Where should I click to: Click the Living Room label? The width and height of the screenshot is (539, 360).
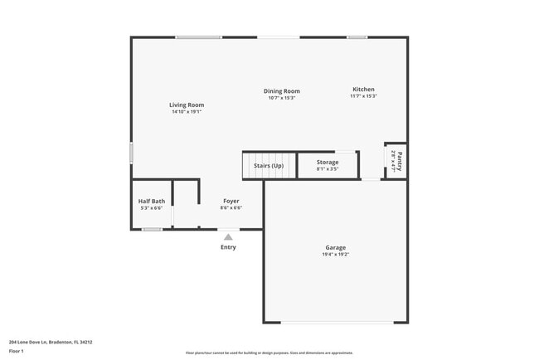[x=187, y=105]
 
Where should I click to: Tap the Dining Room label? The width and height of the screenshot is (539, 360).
[x=282, y=91]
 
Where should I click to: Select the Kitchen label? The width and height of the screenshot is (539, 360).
[x=363, y=90]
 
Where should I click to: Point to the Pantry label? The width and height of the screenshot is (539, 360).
[x=400, y=159]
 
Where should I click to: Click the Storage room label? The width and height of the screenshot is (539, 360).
[x=328, y=163]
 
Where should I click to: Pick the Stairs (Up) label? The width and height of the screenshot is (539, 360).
[x=269, y=166]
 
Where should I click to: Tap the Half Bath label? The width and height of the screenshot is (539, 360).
[x=152, y=201]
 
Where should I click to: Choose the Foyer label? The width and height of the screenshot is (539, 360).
[x=231, y=201]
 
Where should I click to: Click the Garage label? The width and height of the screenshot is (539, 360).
[x=335, y=247]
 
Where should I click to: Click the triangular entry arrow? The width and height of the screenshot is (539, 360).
[x=228, y=237]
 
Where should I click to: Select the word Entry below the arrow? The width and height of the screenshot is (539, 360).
[x=228, y=247]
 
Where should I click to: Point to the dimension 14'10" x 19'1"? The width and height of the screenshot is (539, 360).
[x=187, y=112]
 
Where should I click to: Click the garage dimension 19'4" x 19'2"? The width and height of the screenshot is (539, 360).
[x=335, y=255]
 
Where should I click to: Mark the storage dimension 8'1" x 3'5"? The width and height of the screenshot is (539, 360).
[x=328, y=169]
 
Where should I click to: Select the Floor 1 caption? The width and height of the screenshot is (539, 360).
[x=17, y=352]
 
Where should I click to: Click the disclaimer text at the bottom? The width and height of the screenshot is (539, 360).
[x=269, y=353]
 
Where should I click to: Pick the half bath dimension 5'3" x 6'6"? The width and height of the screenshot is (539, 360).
[x=152, y=208]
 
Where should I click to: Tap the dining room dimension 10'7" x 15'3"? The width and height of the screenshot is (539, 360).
[x=282, y=98]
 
